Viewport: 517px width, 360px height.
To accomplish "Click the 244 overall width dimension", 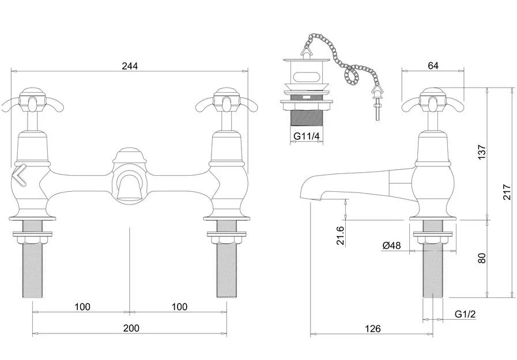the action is [x=130, y=66].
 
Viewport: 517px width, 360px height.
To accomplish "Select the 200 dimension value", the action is [x=131, y=328].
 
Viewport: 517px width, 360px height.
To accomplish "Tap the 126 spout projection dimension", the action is [x=373, y=329].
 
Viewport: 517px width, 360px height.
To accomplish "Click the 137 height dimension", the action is [x=482, y=152].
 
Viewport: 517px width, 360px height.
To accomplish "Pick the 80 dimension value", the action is [x=482, y=258].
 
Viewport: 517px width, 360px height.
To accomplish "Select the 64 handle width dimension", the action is [x=433, y=66].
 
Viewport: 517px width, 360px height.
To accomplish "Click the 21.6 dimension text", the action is [x=340, y=236].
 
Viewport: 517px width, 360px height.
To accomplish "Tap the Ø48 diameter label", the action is [x=392, y=245].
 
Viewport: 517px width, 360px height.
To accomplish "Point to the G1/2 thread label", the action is [x=465, y=314].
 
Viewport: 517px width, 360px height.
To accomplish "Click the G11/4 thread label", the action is [x=306, y=136].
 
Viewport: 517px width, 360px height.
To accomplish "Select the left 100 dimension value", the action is [x=82, y=307].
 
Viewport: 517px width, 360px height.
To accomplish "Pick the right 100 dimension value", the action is [x=179, y=307].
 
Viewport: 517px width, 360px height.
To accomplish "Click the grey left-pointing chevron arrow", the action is [x=20, y=175].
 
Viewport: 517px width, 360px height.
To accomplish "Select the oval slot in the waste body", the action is [x=305, y=77].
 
